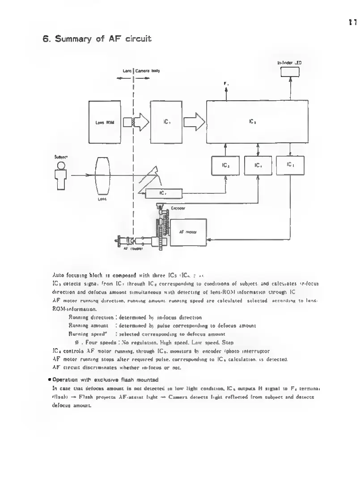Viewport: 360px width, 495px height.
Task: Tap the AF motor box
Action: [x=188, y=232]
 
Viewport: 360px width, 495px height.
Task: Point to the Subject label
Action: [x=61, y=157]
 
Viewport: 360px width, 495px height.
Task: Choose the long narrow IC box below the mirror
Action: [x=163, y=193]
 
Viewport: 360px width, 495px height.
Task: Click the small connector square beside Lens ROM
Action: [x=128, y=122]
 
